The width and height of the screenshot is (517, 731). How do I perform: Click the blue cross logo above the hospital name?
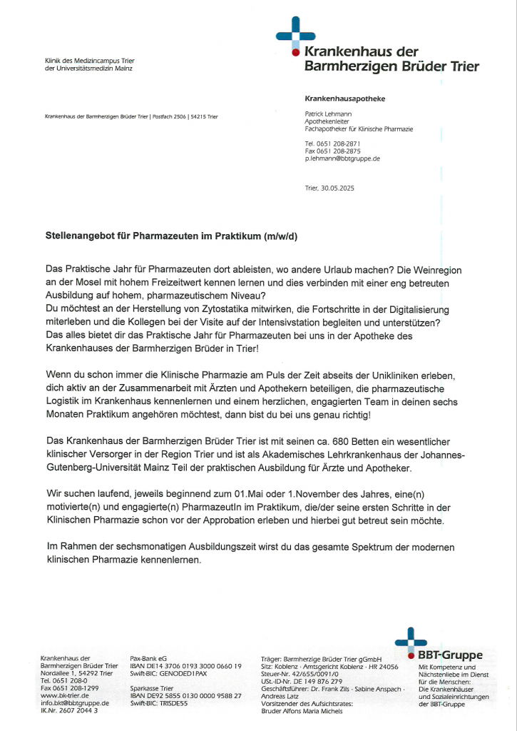295,35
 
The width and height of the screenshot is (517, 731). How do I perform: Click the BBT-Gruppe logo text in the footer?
455,655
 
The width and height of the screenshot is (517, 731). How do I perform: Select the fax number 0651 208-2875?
332,151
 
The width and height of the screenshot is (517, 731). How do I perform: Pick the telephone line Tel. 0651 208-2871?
332,143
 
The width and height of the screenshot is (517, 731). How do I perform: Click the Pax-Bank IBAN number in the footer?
186,666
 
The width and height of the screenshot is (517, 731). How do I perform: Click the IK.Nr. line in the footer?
70,710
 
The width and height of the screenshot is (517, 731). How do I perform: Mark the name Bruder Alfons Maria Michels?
302,710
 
